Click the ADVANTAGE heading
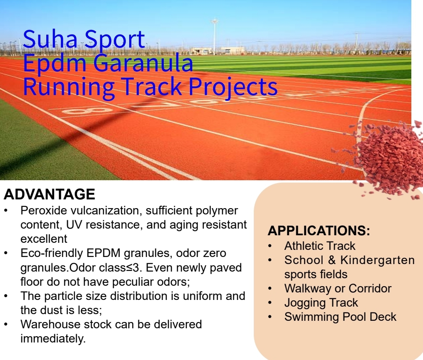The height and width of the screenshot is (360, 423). pyautogui.click(x=49, y=194)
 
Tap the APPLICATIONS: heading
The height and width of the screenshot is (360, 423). pyautogui.click(x=319, y=231)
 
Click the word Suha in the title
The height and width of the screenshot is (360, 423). pyautogui.click(x=50, y=39)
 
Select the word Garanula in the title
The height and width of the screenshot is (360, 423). pyautogui.click(x=143, y=63)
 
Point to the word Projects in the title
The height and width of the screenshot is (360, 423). pyautogui.click(x=233, y=87)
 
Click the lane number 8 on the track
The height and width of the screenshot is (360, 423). pyautogui.click(x=87, y=111)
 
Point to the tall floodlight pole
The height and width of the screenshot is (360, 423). pyautogui.click(x=215, y=36)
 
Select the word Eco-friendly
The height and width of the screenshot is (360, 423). pyautogui.click(x=52, y=253)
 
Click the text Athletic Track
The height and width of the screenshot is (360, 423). pyautogui.click(x=320, y=246)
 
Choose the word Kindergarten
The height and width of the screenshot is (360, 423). pyautogui.click(x=378, y=260)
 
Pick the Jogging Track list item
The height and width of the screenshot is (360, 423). pyautogui.click(x=321, y=303)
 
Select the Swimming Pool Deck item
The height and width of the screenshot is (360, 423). pyautogui.click(x=340, y=317)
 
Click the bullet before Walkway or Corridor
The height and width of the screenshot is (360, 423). pyautogui.click(x=270, y=289)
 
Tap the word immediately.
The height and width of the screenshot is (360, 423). pyautogui.click(x=53, y=339)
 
